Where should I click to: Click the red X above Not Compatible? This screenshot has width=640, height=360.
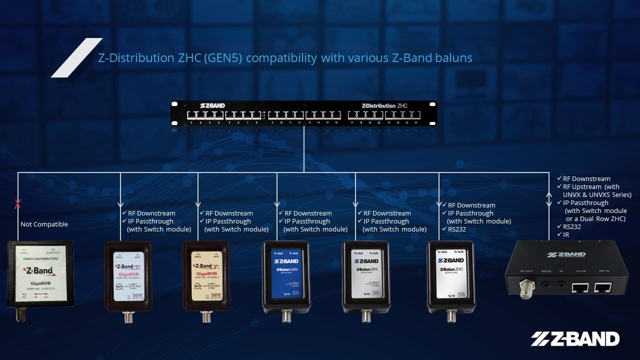point(18,203)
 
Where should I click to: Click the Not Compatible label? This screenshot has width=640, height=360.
point(44,224)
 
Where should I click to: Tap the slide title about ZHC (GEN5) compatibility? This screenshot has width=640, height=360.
point(285,58)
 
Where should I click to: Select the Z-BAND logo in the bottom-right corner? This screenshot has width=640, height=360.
point(575,338)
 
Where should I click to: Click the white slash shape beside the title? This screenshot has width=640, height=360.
point(76,57)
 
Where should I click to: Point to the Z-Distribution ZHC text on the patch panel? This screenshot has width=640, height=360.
point(384,105)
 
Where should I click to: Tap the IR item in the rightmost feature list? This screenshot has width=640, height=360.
point(565,234)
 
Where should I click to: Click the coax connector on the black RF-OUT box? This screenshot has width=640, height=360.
point(525,289)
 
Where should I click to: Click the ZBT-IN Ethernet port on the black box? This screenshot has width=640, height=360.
point(603,287)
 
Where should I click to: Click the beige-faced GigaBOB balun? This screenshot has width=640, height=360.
point(206,275)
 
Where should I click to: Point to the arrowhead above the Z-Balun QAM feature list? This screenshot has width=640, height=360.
point(277,204)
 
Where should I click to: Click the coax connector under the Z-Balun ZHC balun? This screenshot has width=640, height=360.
point(450,315)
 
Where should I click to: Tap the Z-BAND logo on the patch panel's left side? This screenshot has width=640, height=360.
point(212,105)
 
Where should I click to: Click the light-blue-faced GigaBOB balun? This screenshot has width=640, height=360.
point(127,275)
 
